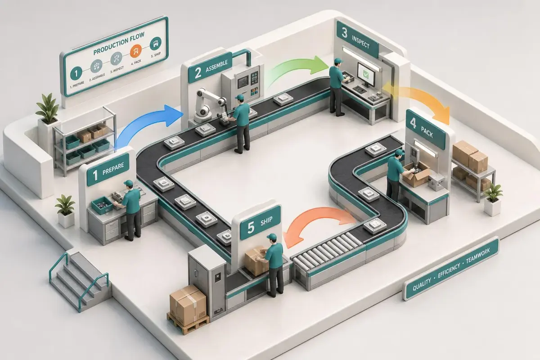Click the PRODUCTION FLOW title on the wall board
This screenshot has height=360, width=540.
point(119,43)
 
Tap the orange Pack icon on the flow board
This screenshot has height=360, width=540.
point(136,51)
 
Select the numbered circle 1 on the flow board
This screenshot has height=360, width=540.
point(76,73)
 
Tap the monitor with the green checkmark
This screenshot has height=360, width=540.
point(366,74)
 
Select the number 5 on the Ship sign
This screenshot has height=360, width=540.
point(251,228)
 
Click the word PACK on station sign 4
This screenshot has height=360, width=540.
point(427,132)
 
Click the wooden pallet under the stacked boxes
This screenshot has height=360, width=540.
point(188,323)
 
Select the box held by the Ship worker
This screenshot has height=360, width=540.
point(256,261)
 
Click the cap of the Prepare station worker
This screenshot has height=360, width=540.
point(128,183)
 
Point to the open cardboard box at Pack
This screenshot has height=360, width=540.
point(416,174)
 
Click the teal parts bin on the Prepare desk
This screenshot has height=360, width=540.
point(102,205)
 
